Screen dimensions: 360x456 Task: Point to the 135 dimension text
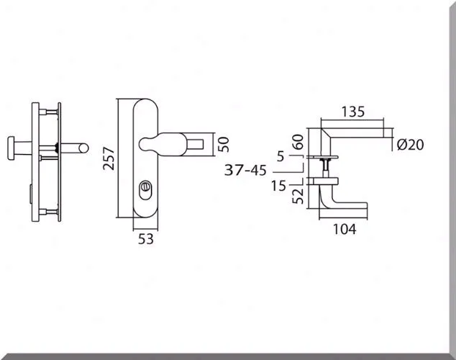352,112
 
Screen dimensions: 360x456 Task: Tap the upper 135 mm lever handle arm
360,135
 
